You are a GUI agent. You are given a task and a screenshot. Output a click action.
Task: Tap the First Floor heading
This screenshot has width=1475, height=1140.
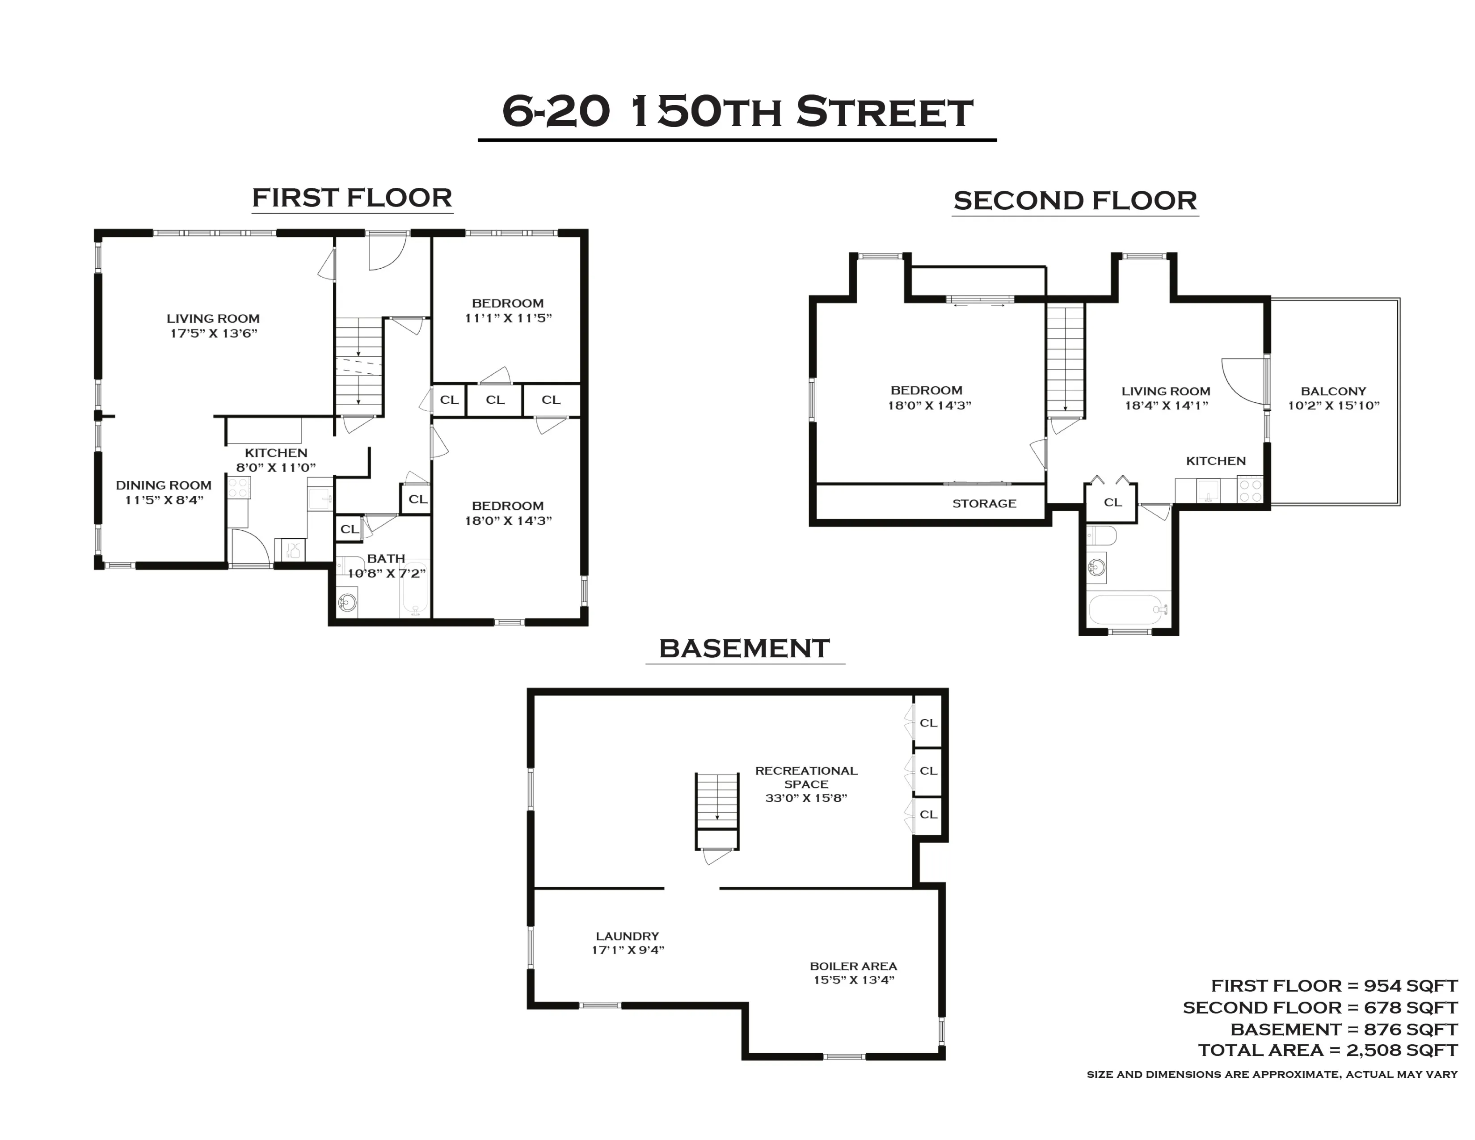coord(352,198)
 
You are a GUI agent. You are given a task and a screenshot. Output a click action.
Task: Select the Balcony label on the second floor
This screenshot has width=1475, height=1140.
coord(1333,391)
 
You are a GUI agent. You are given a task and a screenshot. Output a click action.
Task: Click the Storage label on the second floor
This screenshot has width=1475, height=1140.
coord(984,503)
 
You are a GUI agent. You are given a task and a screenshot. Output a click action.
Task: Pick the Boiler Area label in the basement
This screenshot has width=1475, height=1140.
coord(853,966)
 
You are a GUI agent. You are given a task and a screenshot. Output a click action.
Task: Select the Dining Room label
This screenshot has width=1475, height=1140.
coord(164,485)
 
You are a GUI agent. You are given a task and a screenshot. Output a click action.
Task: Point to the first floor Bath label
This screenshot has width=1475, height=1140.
coord(386,558)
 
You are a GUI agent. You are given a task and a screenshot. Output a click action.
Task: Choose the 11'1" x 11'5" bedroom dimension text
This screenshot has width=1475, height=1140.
coord(508,318)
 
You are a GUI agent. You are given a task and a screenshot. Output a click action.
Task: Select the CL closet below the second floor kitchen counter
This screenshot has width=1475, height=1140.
coord(1113,502)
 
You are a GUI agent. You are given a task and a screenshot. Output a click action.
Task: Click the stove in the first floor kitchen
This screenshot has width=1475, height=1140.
coord(238,488)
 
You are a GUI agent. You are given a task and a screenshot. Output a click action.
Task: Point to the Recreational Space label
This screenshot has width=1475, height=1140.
coord(806,777)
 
